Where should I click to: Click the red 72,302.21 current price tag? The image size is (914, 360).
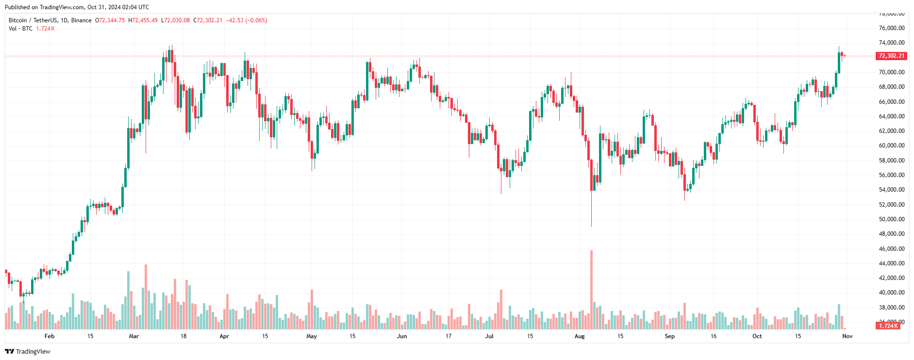892,56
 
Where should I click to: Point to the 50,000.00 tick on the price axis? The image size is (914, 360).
892,219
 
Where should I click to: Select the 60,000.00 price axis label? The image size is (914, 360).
892,146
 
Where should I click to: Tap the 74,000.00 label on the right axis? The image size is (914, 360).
892,43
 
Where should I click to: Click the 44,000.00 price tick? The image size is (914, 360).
892,263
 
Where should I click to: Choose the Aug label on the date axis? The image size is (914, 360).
580,336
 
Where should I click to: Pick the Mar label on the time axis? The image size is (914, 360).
134,336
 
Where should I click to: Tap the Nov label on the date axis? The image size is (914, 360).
848,336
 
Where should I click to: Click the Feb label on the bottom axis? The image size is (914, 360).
50,336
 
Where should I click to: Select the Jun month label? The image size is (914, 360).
402,336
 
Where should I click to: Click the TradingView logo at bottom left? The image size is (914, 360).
28,351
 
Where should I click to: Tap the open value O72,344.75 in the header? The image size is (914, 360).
110,20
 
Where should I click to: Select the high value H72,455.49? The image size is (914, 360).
143,20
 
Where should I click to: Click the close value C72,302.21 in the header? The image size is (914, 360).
208,20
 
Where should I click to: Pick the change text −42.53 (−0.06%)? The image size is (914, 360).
247,20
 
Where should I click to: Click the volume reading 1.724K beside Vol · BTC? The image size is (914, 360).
45,29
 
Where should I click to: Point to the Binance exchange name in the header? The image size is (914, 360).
81,20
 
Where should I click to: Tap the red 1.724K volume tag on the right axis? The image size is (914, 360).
889,326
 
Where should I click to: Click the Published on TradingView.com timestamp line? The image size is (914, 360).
77,7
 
